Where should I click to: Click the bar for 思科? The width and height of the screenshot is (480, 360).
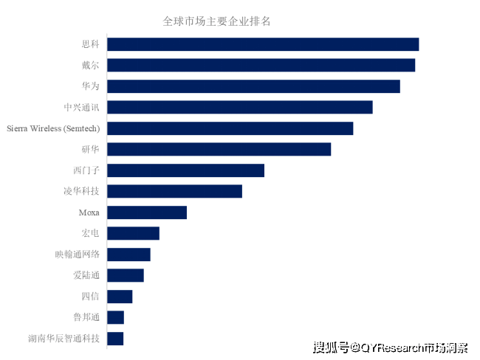tap(263, 44)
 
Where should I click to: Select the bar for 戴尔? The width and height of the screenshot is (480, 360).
tap(261, 66)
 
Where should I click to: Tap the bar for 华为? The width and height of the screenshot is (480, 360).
tap(253, 86)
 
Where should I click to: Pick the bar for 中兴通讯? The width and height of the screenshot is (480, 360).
tap(240, 108)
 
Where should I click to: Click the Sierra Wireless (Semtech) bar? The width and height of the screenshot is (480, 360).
tap(230, 128)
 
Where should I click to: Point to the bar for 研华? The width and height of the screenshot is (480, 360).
tap(219, 150)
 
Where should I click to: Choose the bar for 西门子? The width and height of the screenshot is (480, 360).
tap(185, 170)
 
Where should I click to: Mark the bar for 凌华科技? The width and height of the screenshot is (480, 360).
tap(174, 192)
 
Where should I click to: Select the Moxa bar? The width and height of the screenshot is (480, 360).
tap(147, 212)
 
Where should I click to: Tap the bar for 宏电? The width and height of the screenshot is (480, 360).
tap(133, 234)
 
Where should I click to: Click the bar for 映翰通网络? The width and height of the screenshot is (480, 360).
tap(128, 255)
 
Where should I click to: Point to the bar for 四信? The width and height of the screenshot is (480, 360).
tap(120, 297)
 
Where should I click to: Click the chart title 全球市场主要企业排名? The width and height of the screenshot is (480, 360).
tap(216, 21)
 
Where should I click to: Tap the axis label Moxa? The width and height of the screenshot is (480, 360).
tap(89, 212)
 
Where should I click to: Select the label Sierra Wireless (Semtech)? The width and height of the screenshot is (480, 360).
tap(53, 128)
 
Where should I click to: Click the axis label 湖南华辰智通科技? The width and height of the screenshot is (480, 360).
tap(64, 339)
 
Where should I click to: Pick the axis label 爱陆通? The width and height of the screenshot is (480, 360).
tap(86, 276)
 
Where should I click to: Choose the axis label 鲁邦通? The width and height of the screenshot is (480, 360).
tap(86, 318)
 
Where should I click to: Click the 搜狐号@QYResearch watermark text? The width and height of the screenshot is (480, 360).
tap(390, 347)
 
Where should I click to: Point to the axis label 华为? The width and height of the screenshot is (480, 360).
tap(91, 86)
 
